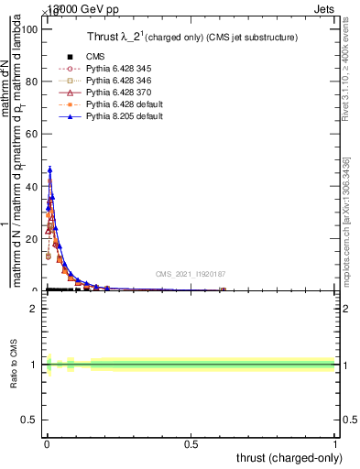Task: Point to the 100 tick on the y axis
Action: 30,29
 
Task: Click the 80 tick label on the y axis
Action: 33,82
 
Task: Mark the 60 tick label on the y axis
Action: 33,134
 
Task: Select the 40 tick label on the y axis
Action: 33,186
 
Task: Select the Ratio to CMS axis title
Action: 15,365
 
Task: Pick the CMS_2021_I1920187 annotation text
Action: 191,274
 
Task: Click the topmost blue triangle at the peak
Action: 49,169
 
